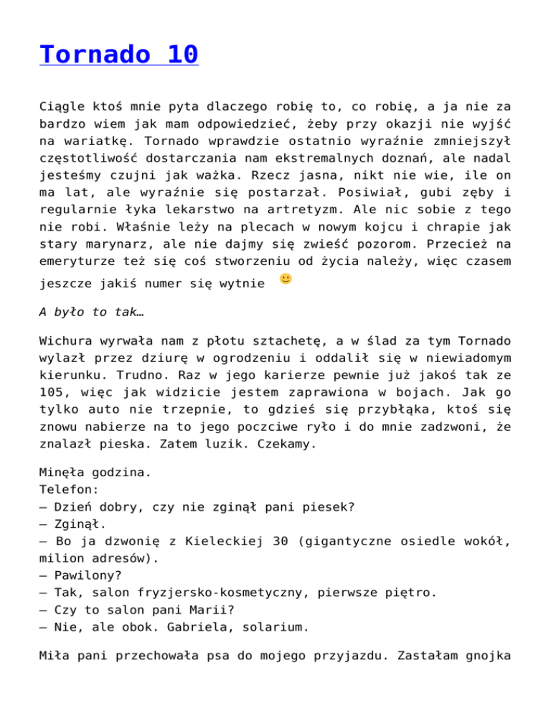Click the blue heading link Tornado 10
tap(119, 55)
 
